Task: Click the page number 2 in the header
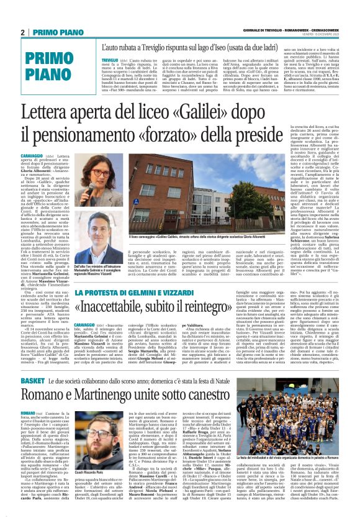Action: pos(23,32)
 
